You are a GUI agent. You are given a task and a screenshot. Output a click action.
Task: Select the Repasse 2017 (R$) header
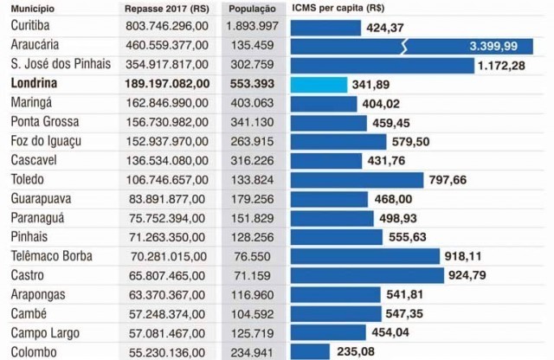[165, 8]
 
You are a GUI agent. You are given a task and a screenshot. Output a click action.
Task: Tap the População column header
[253, 8]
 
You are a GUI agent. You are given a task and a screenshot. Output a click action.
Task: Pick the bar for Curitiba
[325, 27]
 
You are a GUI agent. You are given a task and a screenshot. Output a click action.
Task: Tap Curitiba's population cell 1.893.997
[252, 27]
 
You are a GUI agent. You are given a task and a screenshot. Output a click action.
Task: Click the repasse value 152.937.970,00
[166, 142]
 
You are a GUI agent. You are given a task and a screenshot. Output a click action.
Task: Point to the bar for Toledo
[358, 180]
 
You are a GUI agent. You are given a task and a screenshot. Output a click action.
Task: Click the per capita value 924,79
[493, 275]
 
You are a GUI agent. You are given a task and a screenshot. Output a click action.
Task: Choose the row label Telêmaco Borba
[54, 256]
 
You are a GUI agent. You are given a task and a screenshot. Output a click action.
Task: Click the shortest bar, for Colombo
[310, 351]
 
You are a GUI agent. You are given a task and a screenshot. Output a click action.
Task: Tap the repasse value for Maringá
[166, 104]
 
